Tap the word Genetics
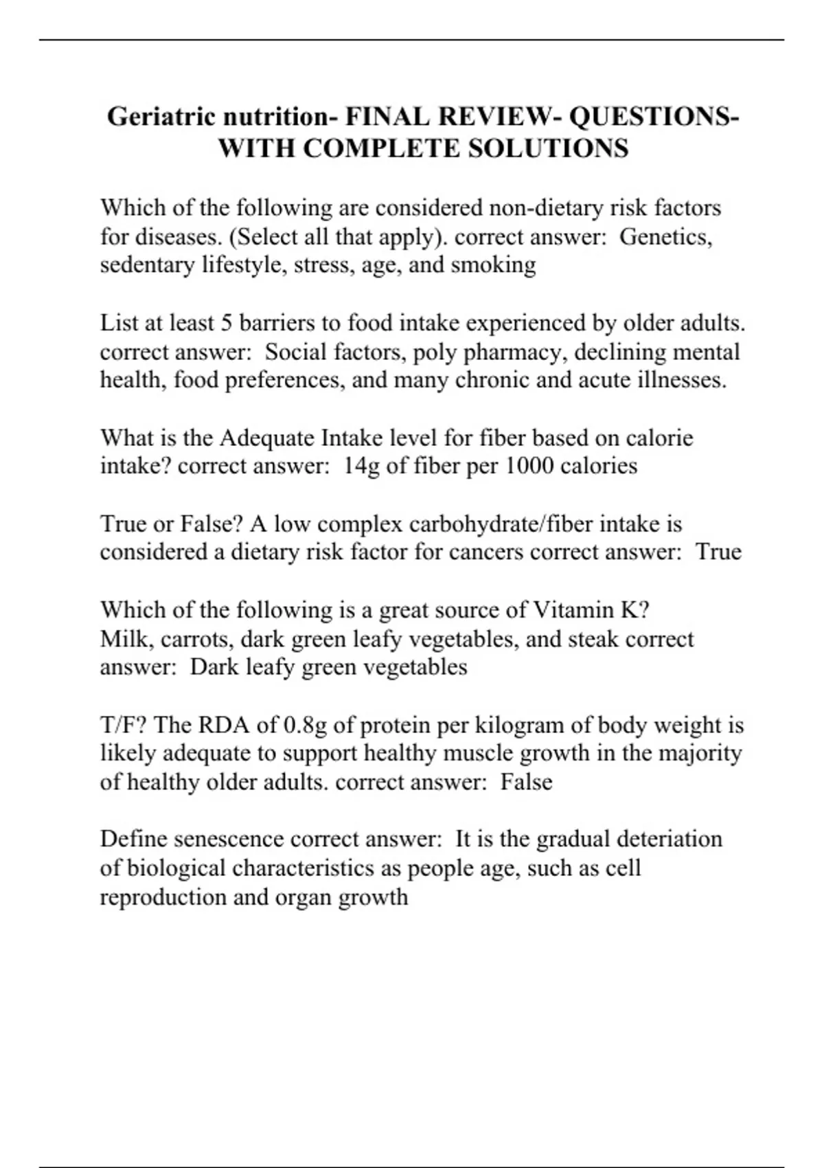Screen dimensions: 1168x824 665,236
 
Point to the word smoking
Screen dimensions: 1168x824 493,265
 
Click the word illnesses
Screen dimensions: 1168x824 681,380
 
